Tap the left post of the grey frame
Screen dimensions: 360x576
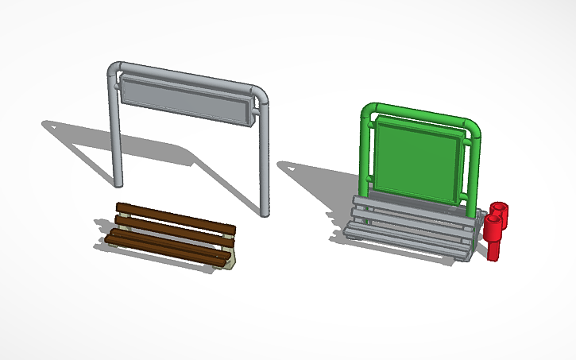click(x=116, y=135)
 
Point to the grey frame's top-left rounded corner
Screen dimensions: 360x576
click(x=114, y=70)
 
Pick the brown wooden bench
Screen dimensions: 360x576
click(x=171, y=235)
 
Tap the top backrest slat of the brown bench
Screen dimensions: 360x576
click(x=175, y=216)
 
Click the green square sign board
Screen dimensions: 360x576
click(x=418, y=159)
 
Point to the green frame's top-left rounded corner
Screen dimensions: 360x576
click(x=367, y=112)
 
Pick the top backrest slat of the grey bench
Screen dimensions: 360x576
click(x=413, y=204)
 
